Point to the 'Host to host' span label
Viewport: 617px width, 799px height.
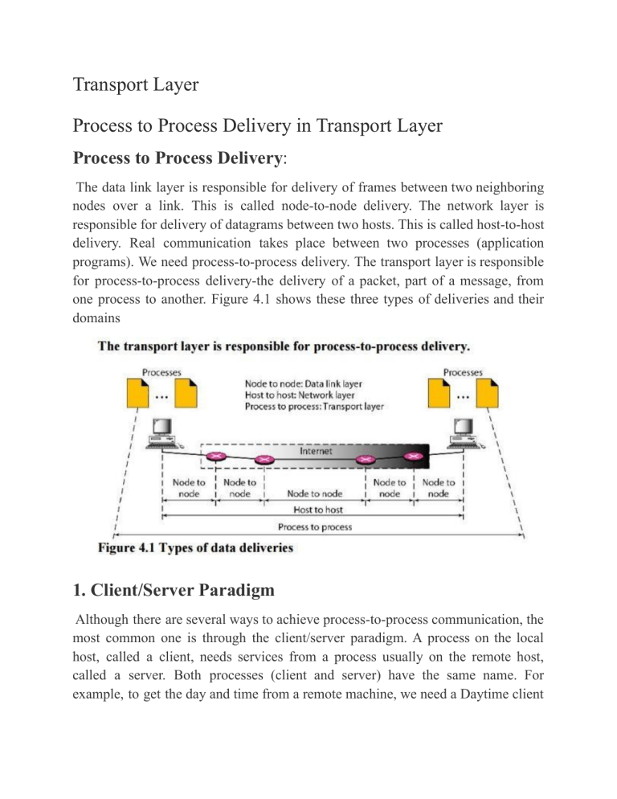tap(313, 510)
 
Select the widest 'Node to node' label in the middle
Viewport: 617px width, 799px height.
tap(313, 488)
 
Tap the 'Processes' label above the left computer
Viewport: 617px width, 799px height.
tap(161, 372)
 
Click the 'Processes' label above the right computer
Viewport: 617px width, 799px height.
tap(462, 372)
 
